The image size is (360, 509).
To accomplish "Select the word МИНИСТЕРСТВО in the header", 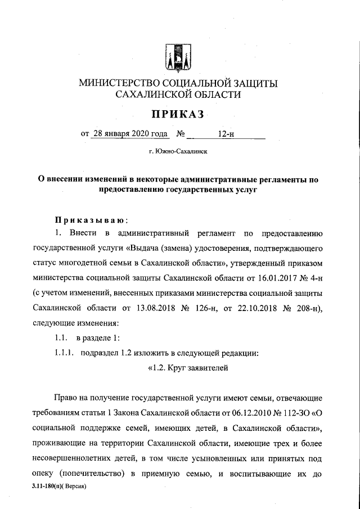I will pos(116,83).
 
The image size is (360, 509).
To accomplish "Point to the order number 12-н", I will pos(227,134).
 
